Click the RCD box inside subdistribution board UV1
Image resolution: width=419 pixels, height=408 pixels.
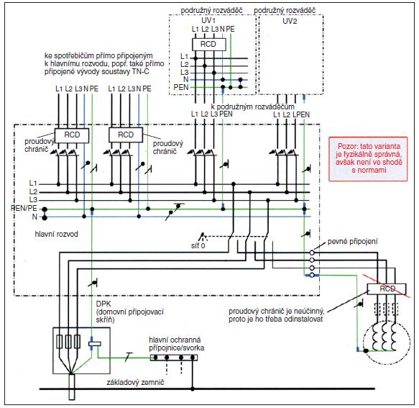coord(208,44)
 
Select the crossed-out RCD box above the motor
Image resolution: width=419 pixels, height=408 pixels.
coord(387,289)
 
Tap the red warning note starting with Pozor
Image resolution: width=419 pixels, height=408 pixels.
coord(368,158)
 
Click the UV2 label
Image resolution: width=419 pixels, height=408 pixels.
coord(290,21)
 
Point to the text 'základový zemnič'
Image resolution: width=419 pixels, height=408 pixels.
coord(135,382)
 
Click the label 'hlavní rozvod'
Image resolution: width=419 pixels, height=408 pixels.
coord(56,234)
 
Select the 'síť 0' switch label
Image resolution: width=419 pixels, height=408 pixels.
coord(198,245)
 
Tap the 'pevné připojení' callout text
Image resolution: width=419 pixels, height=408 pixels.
coord(352,242)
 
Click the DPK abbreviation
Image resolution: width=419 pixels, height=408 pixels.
coord(103,304)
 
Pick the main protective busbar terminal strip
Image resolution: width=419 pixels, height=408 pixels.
coord(174,358)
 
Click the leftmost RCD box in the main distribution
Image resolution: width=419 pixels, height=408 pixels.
coord(72,135)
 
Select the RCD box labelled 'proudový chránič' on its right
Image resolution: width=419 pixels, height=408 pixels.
coord(126,135)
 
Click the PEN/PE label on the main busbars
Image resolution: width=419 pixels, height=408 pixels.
coord(24,208)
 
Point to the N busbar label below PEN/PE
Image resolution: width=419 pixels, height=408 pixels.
coord(34,217)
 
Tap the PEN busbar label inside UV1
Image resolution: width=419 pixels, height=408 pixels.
coord(181,88)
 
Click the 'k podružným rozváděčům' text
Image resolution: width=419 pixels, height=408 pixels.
coord(252,106)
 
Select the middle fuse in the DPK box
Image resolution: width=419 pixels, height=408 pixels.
coord(68,342)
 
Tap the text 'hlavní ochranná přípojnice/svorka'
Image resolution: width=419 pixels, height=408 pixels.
coord(177,344)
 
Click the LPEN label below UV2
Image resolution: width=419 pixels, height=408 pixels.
coord(301,115)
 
